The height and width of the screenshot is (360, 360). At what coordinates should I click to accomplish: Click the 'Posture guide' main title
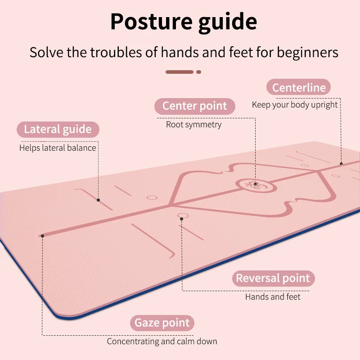[184, 22]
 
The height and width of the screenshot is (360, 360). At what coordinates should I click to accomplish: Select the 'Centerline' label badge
[298, 87]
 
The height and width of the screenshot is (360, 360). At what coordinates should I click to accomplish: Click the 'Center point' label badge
[194, 106]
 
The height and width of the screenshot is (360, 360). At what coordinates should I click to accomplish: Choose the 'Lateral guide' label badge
[58, 130]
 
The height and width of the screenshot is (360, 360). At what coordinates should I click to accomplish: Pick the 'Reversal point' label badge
[273, 279]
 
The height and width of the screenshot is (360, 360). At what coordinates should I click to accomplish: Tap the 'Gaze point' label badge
[162, 323]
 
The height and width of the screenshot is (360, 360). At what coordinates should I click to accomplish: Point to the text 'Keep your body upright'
[295, 105]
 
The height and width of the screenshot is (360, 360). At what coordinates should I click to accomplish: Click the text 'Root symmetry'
[194, 124]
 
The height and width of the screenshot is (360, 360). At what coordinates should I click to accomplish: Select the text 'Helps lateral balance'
[58, 148]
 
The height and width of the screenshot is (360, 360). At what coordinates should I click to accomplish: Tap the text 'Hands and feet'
[273, 297]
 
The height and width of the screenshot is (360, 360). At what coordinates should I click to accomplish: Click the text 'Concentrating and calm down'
[162, 342]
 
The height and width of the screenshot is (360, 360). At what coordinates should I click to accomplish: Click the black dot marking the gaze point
[42, 235]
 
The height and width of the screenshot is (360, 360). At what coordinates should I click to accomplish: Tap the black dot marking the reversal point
[181, 219]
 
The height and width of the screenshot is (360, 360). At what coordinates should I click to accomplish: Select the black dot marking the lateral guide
[98, 200]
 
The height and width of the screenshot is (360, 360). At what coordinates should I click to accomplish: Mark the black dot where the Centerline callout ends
[341, 163]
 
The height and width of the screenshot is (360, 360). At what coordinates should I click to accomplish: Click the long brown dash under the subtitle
[180, 72]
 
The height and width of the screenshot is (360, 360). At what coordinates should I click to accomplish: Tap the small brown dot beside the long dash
[198, 72]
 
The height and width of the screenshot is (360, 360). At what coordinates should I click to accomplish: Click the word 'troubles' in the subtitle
[117, 52]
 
